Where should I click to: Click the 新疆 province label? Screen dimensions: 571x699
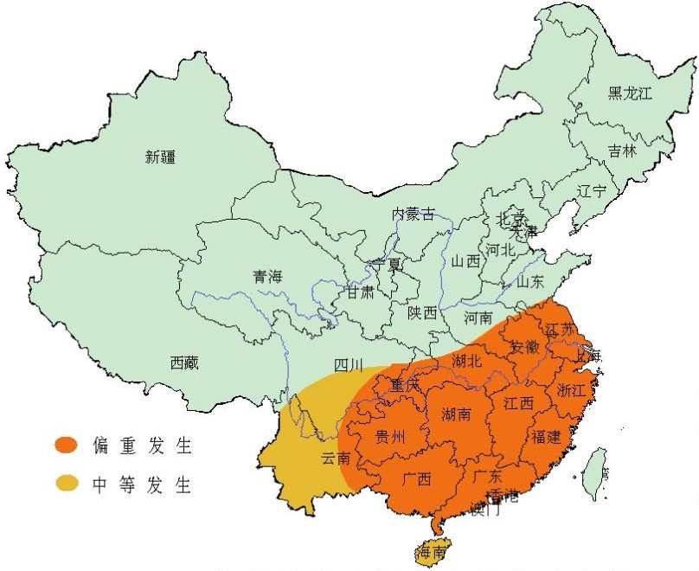pyautogui.click(x=160, y=157)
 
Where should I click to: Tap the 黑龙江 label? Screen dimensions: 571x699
pyautogui.click(x=629, y=93)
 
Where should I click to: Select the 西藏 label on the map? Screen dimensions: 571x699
pyautogui.click(x=184, y=362)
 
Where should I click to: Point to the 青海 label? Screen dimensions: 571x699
pyautogui.click(x=267, y=277)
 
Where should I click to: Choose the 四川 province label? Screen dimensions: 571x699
pyautogui.click(x=349, y=364)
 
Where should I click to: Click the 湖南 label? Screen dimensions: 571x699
pyautogui.click(x=456, y=414)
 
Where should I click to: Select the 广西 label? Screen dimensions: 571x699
pyautogui.click(x=416, y=478)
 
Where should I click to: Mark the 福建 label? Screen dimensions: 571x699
pyautogui.click(x=547, y=437)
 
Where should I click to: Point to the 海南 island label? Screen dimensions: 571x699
pyautogui.click(x=433, y=552)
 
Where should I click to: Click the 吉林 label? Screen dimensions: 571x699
pyautogui.click(x=621, y=151)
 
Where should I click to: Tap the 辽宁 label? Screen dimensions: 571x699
pyautogui.click(x=592, y=191)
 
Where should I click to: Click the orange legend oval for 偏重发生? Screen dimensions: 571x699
pyautogui.click(x=67, y=446)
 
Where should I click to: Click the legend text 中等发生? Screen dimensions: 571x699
pyautogui.click(x=142, y=484)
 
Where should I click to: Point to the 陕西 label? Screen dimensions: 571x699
pyautogui.click(x=422, y=312)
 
